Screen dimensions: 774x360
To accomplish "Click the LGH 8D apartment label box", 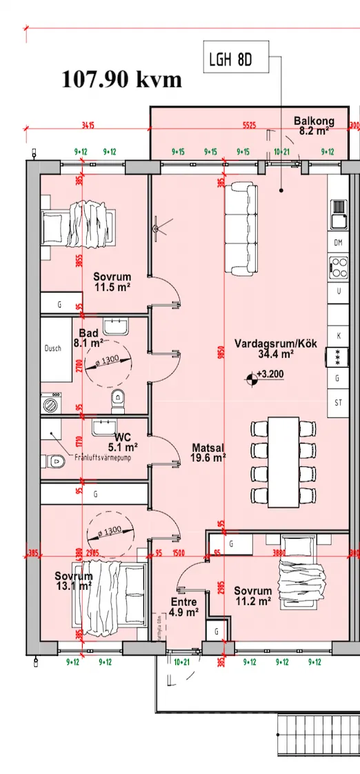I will point(230,61).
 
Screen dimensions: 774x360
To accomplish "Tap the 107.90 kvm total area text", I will point(122,79).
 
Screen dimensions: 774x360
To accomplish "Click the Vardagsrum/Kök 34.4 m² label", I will point(264,349).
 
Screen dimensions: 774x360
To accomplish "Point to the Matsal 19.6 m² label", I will point(209,453).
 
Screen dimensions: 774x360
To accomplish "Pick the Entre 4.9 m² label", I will point(184,606).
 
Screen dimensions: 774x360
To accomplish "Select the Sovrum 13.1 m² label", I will point(74,581).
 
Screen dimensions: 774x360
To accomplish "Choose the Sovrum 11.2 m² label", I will point(252,596).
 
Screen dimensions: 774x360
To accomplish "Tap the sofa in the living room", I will point(241,228).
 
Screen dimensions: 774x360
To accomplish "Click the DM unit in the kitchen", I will point(338,243).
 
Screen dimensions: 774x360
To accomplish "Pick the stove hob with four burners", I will point(339,266).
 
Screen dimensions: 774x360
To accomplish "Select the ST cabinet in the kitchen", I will point(338,402).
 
